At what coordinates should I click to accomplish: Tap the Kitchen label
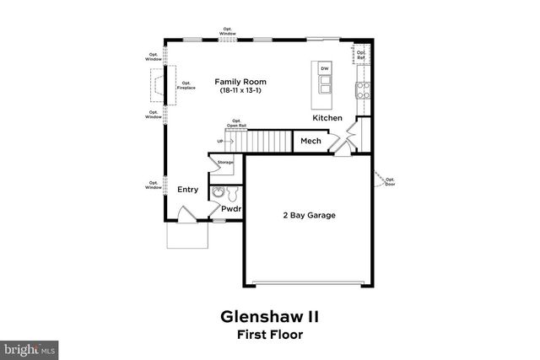pos(328,118)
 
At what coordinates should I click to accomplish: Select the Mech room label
pos(309,141)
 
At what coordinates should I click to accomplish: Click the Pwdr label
pos(231,208)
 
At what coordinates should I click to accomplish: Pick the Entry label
pos(187,189)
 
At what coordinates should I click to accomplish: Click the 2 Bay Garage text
pos(309,215)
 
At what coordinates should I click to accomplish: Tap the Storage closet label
pos(225,162)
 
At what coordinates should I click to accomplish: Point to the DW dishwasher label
pos(325,67)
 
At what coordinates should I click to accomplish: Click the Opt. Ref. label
pos(361,56)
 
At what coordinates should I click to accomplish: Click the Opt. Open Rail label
pos(237,123)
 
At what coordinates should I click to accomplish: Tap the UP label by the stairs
pos(220,142)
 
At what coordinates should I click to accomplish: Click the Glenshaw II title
pos(270,317)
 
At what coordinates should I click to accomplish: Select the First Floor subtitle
pos(270,334)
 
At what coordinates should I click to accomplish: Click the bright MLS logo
pos(30,347)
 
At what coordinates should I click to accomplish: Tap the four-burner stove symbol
pos(362,89)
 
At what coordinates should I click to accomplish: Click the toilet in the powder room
pos(218,193)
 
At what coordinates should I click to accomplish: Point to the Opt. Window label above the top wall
pos(228,32)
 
